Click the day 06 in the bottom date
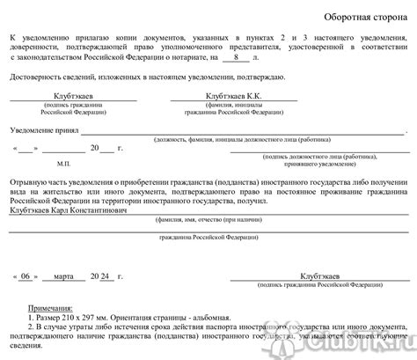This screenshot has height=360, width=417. point(26,276)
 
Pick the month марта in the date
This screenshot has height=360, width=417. point(71,276)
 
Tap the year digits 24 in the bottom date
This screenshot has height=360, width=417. point(105,276)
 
